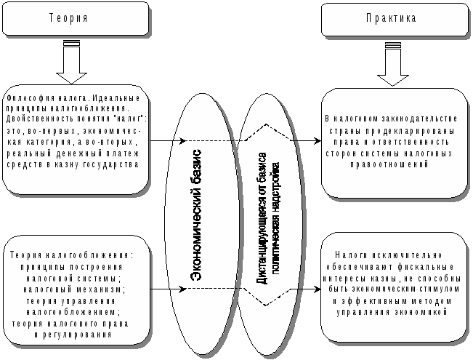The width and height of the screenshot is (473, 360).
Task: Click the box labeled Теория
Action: click(75, 18)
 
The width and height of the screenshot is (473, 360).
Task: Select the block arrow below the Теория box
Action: click(71, 65)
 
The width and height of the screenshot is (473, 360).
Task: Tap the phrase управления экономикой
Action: click(392, 312)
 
